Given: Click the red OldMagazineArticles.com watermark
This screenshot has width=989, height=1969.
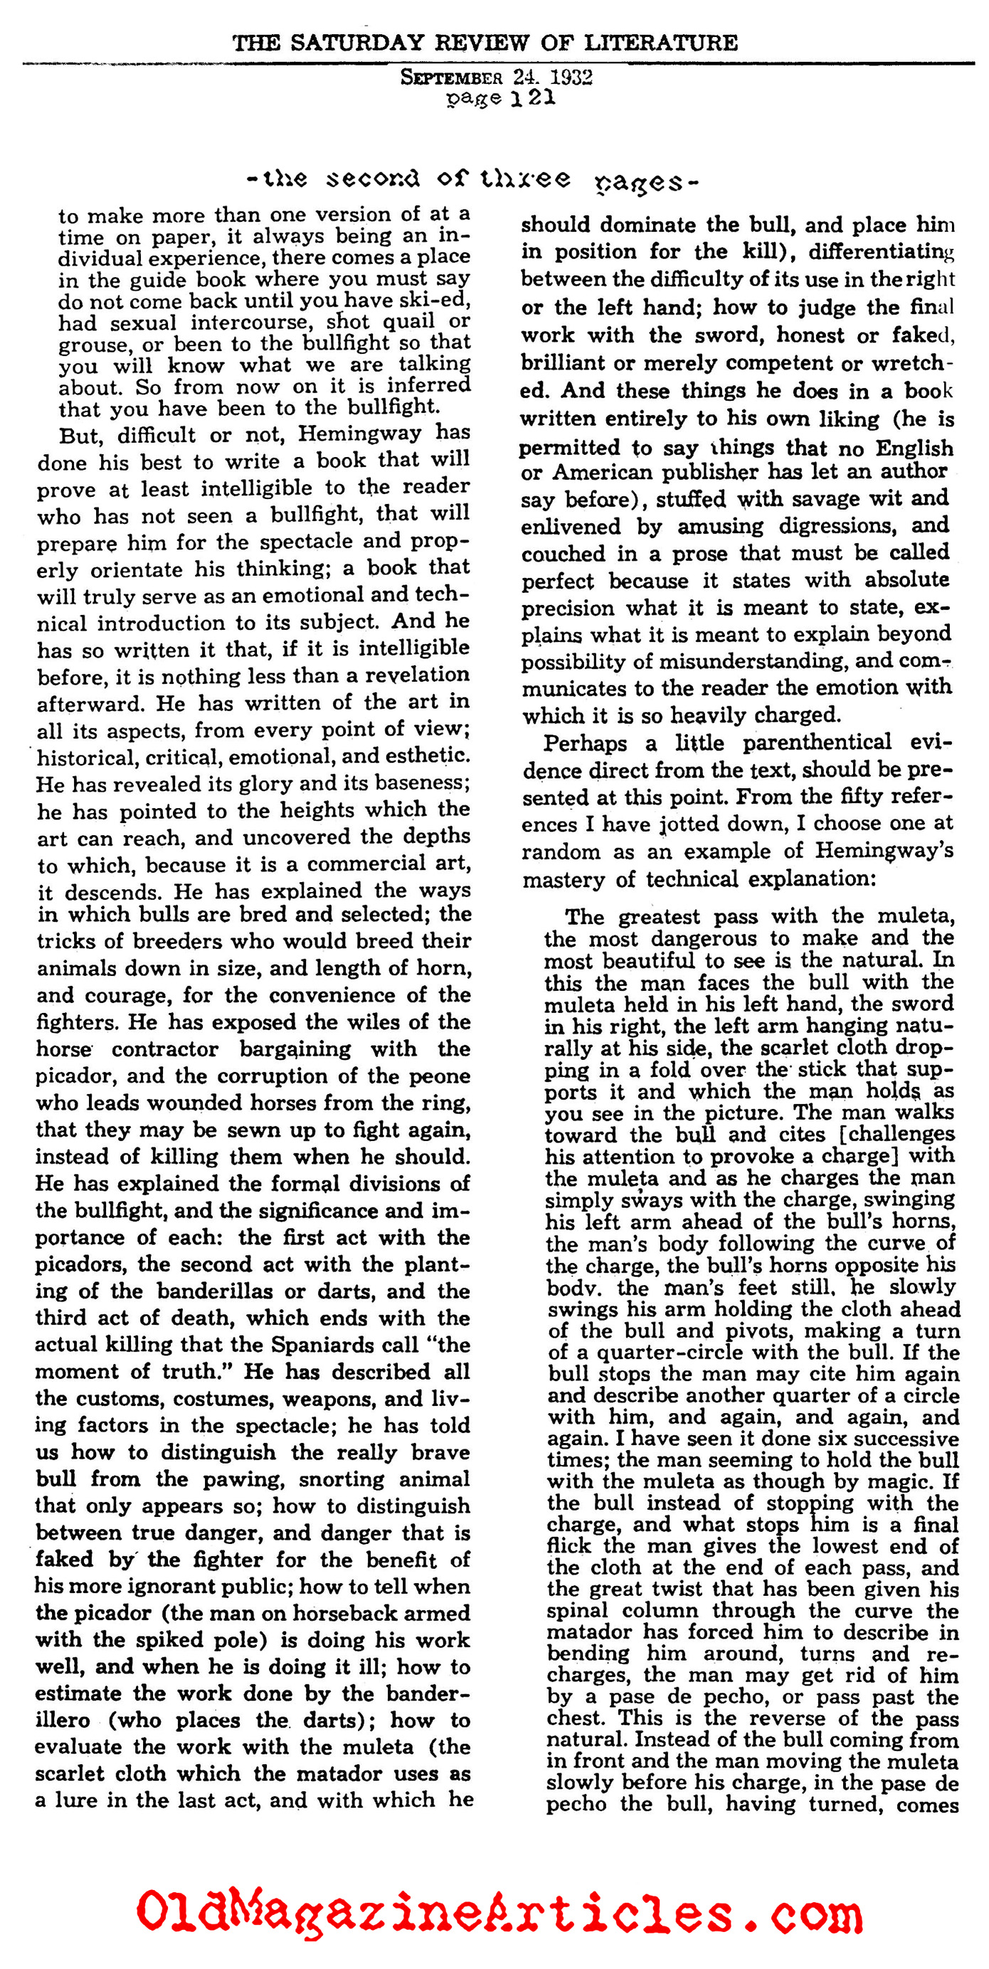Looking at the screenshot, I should pos(499,1911).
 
